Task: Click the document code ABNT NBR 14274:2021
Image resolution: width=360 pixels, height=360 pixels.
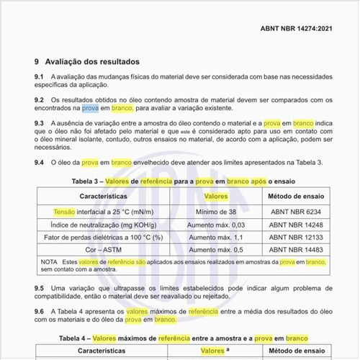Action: (x=296, y=30)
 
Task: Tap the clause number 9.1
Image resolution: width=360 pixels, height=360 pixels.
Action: (x=40, y=76)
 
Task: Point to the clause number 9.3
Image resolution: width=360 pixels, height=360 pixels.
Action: (x=40, y=124)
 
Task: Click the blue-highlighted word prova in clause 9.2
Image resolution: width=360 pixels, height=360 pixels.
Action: (x=90, y=108)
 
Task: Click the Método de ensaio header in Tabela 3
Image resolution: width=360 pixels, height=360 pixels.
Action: (x=297, y=196)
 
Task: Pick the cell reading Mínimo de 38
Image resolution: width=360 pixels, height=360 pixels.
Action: (x=217, y=212)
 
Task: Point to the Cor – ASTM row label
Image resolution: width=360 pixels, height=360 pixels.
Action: (x=103, y=249)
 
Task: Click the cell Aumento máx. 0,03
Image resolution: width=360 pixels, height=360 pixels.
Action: (x=217, y=225)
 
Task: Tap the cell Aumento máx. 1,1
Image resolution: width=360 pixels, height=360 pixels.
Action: (x=217, y=237)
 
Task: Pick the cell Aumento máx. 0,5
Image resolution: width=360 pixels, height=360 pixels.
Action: (x=217, y=249)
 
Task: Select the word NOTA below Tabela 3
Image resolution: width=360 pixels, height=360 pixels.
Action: (x=49, y=261)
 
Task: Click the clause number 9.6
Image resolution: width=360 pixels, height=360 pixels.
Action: (x=40, y=312)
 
